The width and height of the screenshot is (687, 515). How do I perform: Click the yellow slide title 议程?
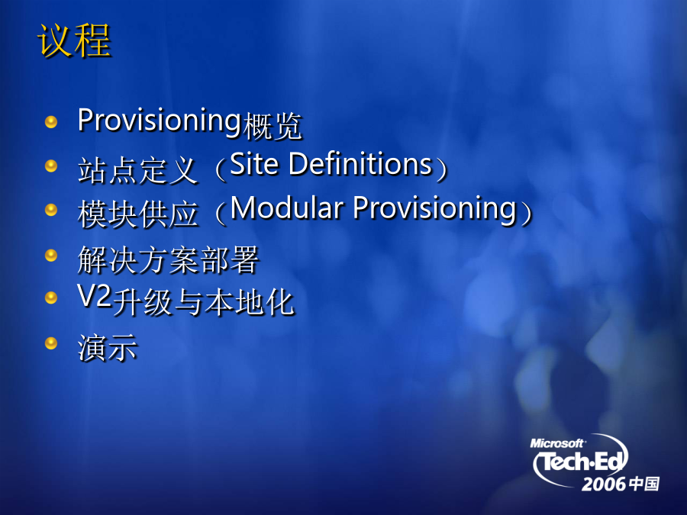pyautogui.click(x=74, y=40)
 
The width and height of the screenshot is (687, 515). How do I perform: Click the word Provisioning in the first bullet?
pyautogui.click(x=159, y=121)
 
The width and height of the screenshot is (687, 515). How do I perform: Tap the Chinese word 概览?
pyautogui.click(x=272, y=127)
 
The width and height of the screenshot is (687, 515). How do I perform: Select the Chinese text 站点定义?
pyautogui.click(x=137, y=170)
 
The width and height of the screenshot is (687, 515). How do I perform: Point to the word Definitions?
pyautogui.click(x=361, y=164)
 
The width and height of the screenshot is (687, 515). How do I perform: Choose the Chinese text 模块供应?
pyautogui.click(x=137, y=214)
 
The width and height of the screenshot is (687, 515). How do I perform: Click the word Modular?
pyautogui.click(x=286, y=208)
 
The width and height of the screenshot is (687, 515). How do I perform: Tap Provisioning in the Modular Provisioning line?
pyautogui.click(x=434, y=209)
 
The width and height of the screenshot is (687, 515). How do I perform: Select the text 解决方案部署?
pyautogui.click(x=168, y=259)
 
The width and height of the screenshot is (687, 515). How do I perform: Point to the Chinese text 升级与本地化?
pyautogui.click(x=203, y=302)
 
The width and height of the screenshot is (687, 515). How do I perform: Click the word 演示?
pyautogui.click(x=108, y=348)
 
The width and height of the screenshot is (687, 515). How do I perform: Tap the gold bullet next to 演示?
pyautogui.click(x=51, y=343)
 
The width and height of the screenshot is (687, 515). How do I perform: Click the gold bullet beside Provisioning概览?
pyautogui.click(x=51, y=122)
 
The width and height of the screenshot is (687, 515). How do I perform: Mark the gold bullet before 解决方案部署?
pyautogui.click(x=51, y=255)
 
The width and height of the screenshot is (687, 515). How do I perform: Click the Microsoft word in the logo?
pyautogui.click(x=557, y=443)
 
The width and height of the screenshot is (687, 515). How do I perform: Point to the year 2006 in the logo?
pyautogui.click(x=603, y=484)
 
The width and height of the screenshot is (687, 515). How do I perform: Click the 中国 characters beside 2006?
pyautogui.click(x=644, y=484)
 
